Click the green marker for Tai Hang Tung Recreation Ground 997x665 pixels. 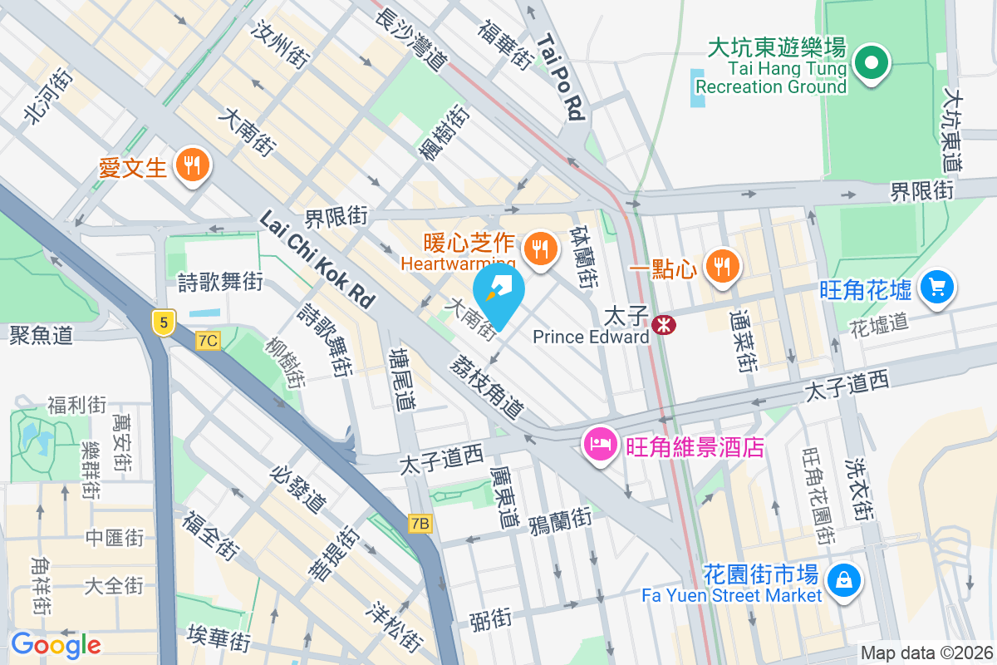pos(870,64)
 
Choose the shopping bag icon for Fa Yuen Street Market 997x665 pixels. pos(843,579)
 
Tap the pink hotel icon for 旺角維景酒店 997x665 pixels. pos(598,445)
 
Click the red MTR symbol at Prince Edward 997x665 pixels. pos(663,325)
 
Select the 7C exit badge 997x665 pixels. pos(208,340)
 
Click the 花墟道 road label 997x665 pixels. pos(879,325)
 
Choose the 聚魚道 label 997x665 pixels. pos(42,335)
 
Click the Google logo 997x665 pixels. pos(56,645)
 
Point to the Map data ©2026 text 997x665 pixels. pos(926,653)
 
